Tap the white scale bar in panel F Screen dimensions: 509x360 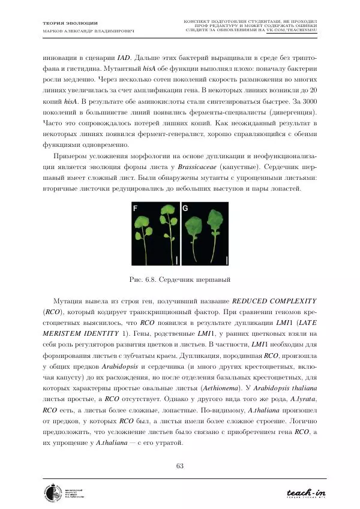[177, 259]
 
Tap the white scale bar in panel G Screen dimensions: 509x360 [227, 259]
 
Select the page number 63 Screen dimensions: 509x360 [180, 468]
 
